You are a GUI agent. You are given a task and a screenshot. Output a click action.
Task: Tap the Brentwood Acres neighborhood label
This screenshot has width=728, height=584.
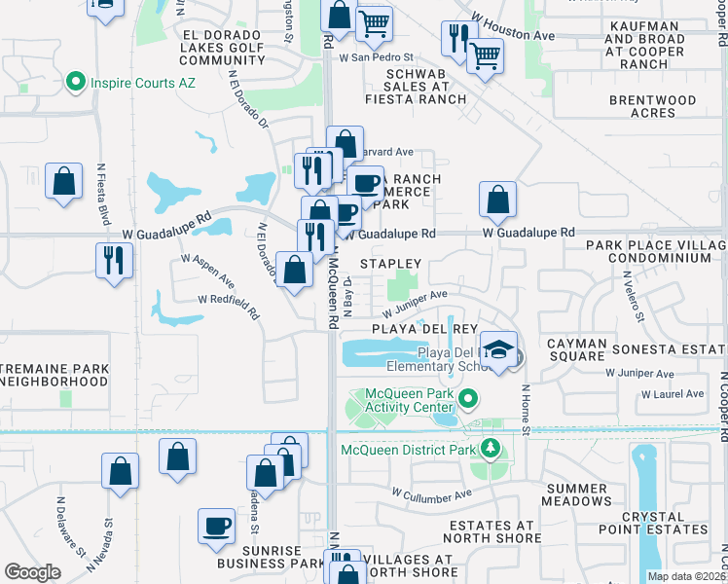click(x=653, y=106)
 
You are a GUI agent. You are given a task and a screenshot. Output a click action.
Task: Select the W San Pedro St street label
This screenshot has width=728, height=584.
click(x=377, y=57)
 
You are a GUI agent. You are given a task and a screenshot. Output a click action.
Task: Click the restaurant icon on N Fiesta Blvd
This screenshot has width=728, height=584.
click(x=115, y=260)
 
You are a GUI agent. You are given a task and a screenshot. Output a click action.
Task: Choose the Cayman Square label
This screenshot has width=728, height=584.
click(x=577, y=350)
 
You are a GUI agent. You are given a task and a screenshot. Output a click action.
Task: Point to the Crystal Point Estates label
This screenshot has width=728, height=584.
click(x=665, y=523)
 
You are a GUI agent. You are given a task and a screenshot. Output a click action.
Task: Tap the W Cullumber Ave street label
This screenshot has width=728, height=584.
click(x=431, y=493)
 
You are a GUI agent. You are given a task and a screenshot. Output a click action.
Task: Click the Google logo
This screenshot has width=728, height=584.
click(x=32, y=572)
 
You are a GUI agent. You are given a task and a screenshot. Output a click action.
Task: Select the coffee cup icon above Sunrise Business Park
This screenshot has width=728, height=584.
click(x=216, y=526)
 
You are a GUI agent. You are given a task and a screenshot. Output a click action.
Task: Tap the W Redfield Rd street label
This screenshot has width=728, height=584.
click(x=229, y=306)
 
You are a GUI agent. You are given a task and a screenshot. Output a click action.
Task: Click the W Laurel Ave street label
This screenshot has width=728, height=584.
click(x=672, y=394)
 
